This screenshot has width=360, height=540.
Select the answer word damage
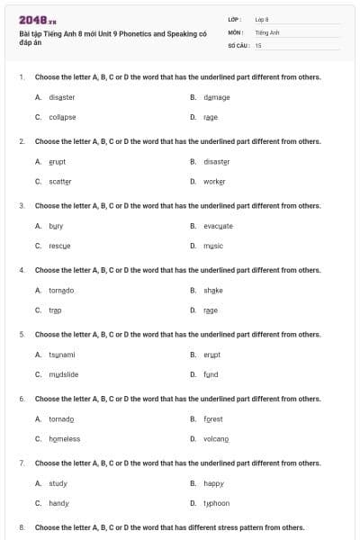tap(216, 96)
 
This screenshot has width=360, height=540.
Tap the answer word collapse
tap(62, 117)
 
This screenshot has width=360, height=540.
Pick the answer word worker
tap(215, 181)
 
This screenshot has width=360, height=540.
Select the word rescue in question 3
tap(59, 246)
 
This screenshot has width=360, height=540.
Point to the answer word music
tap(213, 246)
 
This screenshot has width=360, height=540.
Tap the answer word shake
tap(212, 290)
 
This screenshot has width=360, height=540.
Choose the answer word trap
tap(55, 310)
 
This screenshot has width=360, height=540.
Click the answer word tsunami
tap(61, 355)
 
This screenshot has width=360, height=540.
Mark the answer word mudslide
tap(63, 374)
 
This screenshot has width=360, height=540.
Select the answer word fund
tap(211, 374)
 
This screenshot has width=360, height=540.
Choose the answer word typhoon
tap(216, 503)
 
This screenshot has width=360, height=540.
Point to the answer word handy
tap(58, 503)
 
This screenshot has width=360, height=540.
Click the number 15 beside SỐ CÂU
tap(258, 44)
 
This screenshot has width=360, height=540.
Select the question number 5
tap(21, 334)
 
